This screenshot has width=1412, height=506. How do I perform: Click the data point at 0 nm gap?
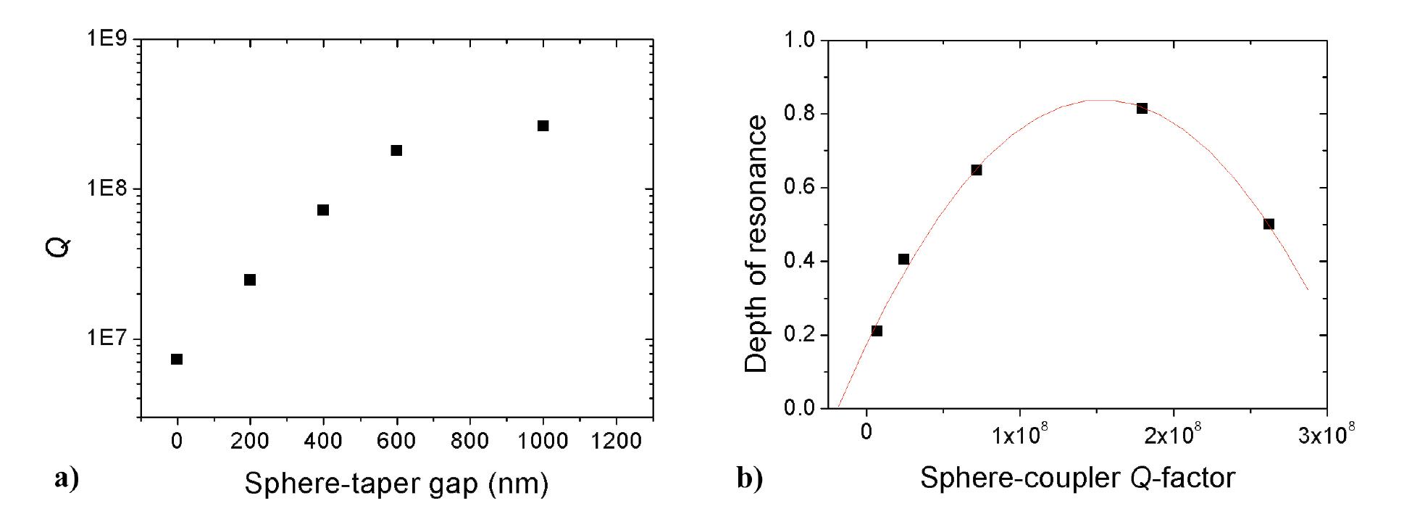tap(177, 359)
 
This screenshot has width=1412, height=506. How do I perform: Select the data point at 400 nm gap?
tap(323, 210)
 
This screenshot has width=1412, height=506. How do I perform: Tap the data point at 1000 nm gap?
tap(543, 125)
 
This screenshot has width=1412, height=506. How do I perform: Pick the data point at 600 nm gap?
tap(396, 150)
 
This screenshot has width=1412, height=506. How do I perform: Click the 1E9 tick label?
tap(108, 39)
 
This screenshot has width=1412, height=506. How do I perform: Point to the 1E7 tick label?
tap(108, 339)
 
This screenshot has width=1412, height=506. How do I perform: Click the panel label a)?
tap(66, 478)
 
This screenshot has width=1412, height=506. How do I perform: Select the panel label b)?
tap(749, 478)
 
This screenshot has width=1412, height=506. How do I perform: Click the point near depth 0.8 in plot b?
tap(1142, 108)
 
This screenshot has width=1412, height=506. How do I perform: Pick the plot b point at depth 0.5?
tap(1269, 224)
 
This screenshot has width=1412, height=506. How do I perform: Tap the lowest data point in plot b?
tap(877, 331)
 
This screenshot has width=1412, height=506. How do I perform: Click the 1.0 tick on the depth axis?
tap(800, 39)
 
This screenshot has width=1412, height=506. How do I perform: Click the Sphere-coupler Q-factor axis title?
tap(1077, 478)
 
